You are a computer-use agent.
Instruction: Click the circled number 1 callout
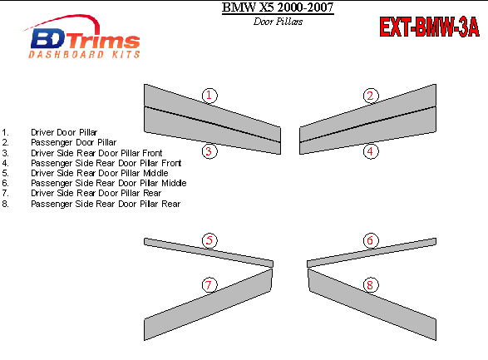point(209,96)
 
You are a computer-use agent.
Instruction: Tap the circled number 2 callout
point(371,96)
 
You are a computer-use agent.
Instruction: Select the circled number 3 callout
point(209,151)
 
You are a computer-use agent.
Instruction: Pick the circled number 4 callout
point(371,151)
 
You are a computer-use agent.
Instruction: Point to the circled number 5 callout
point(209,240)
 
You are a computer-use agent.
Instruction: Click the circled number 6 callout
point(371,240)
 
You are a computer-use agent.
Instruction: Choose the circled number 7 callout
point(209,285)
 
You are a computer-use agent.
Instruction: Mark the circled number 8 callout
point(371,285)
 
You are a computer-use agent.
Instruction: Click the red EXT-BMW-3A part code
point(429,27)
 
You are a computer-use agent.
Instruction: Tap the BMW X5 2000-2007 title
point(278,7)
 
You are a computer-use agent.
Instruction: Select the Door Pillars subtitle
point(278,22)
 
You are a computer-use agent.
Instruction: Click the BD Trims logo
point(82,37)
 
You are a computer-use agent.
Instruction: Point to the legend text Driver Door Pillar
point(64,132)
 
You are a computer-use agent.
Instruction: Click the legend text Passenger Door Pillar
point(74,142)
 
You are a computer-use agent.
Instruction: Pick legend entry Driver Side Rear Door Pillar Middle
point(100,173)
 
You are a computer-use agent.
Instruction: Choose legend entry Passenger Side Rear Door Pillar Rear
point(106,204)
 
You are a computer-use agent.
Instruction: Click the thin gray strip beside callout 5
point(209,253)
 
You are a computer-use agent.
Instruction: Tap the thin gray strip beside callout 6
point(372,253)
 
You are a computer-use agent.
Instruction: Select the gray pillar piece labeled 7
point(208,304)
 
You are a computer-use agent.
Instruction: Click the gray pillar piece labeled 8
point(372,304)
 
